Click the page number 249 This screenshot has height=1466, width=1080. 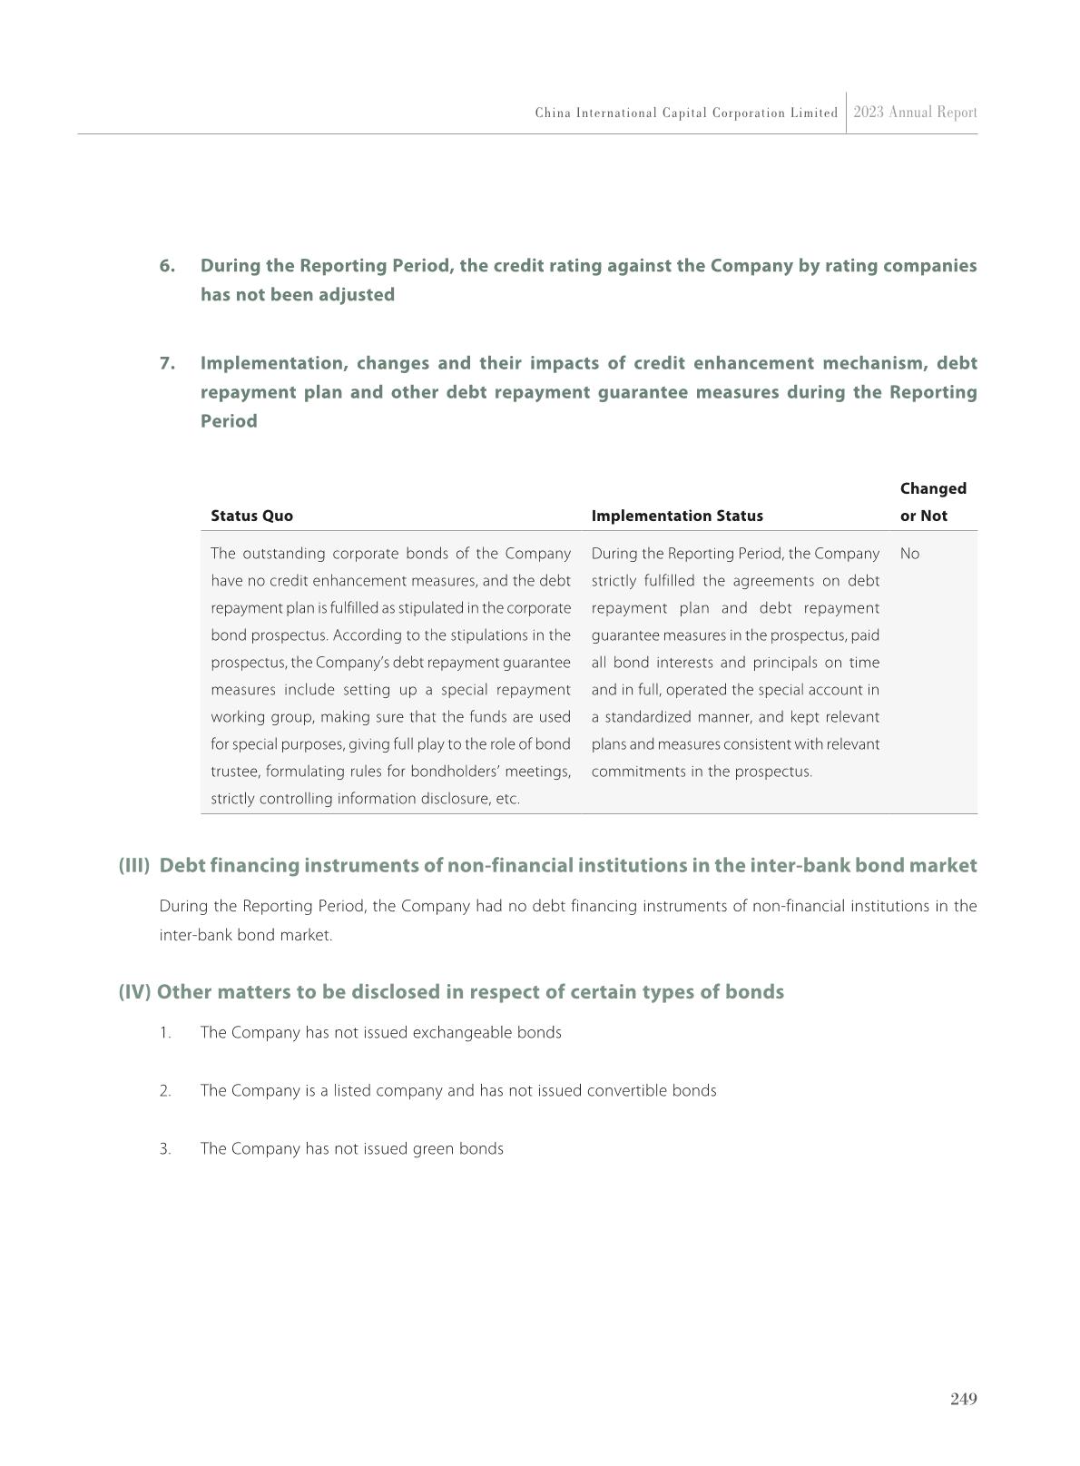click(x=963, y=1399)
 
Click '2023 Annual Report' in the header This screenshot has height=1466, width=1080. click(x=915, y=113)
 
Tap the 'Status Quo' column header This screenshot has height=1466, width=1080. click(x=251, y=516)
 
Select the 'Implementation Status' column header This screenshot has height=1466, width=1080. click(x=677, y=516)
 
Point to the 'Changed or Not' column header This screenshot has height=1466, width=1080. click(x=932, y=502)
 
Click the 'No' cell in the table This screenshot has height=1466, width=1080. click(x=909, y=554)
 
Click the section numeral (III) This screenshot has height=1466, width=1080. click(x=133, y=865)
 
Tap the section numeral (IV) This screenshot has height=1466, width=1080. click(x=133, y=991)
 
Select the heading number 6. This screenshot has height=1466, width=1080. click(x=167, y=266)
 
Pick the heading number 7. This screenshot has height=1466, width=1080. click(x=167, y=363)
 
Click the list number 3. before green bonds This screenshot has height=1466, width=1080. click(x=165, y=1149)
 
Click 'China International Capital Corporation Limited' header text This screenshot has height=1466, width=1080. click(x=686, y=113)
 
